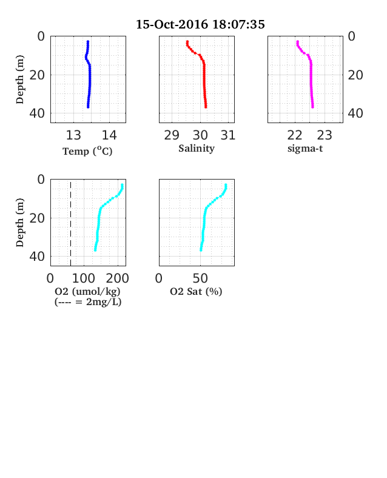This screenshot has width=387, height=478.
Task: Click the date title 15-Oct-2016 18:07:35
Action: pyautogui.click(x=200, y=24)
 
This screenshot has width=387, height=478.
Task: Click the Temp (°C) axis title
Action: pyautogui.click(x=87, y=151)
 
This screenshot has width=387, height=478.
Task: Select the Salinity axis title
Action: pyautogui.click(x=197, y=149)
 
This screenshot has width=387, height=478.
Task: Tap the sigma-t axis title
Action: pyautogui.click(x=305, y=149)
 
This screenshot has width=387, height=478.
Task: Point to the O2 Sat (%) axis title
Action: pyautogui.click(x=196, y=291)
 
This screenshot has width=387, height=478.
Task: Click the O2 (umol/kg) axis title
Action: pyautogui.click(x=87, y=291)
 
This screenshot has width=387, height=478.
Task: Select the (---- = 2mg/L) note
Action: pyautogui.click(x=88, y=302)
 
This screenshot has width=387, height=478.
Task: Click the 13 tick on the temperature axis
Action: pyautogui.click(x=73, y=135)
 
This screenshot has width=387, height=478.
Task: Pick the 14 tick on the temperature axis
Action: pyautogui.click(x=109, y=135)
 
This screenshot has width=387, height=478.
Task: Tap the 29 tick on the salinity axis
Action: pyautogui.click(x=172, y=135)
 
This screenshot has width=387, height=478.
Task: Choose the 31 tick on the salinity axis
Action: pyautogui.click(x=228, y=135)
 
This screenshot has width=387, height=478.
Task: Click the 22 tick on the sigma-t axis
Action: pyautogui.click(x=295, y=135)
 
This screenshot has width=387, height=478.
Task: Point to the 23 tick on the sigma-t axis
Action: pyautogui.click(x=325, y=135)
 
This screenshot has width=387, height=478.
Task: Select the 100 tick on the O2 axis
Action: pyautogui.click(x=84, y=278)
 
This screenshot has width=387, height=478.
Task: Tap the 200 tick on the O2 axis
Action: pyautogui.click(x=118, y=278)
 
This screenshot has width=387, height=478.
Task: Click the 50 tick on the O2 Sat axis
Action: pyautogui.click(x=200, y=278)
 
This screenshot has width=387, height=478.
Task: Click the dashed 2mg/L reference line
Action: pyautogui.click(x=71, y=223)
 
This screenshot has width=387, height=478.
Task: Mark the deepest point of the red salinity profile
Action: pyautogui.click(x=206, y=107)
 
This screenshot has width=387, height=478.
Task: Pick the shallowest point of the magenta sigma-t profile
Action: pyautogui.click(x=297, y=41)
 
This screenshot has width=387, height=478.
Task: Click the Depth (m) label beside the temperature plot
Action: pyautogui.click(x=20, y=79)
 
